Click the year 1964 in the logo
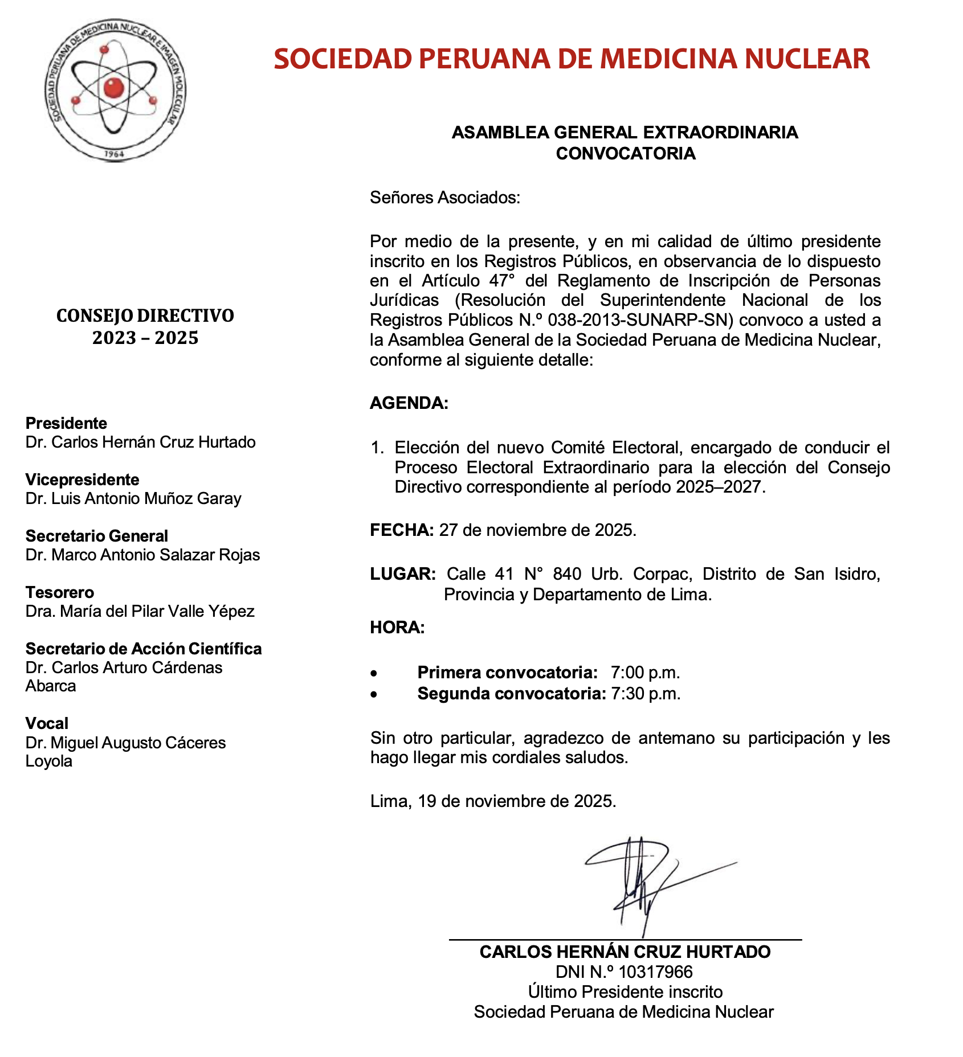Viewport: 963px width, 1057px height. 115,154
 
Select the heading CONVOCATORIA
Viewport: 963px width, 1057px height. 625,154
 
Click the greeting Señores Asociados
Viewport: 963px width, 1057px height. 445,198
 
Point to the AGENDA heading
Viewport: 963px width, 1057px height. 409,403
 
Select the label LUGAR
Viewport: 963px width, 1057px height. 403,574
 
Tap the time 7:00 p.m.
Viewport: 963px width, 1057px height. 645,673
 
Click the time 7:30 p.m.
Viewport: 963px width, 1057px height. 645,694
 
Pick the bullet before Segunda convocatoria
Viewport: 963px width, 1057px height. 374,695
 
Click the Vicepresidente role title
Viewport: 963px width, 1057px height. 82,480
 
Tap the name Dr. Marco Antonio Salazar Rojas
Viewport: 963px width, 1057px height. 142,555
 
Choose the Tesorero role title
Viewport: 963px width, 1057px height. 60,592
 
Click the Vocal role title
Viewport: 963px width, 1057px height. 47,723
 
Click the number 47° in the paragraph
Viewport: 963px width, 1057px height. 502,281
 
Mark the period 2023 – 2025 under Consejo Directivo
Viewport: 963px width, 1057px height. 145,338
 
